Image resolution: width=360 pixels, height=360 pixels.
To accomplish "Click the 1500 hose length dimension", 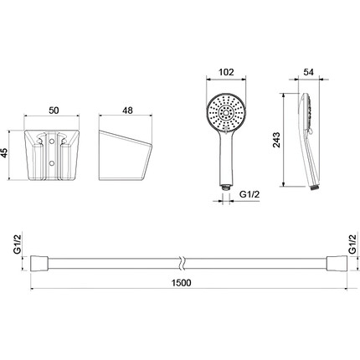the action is pos(182,283).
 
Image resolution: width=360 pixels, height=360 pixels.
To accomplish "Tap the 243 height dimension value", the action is pos(276,140).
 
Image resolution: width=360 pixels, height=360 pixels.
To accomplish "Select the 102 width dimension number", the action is pos(226,72).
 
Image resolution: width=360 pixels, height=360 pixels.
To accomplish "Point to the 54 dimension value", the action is pos(308,72).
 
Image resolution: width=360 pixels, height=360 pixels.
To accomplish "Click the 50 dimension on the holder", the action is pos(54,111).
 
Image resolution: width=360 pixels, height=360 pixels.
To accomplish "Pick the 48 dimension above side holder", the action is pos(128,111).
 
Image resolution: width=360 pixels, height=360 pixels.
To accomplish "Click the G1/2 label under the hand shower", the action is pos(249,194).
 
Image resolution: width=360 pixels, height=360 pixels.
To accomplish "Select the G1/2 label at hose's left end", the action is pos(18,244).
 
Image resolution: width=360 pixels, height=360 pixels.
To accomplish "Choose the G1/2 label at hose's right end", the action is pos(352,244).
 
